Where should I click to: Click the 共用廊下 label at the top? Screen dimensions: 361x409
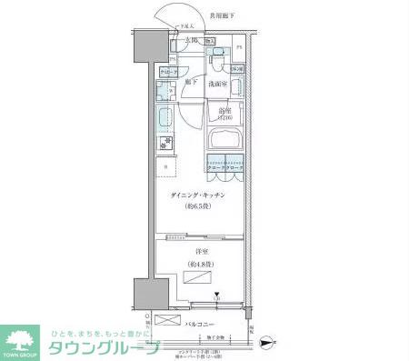tap(223, 15)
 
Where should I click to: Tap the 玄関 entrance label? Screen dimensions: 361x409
tap(190, 41)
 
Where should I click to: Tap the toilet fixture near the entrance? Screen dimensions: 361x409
tap(217, 60)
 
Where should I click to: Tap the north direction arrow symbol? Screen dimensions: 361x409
tap(264, 344)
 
